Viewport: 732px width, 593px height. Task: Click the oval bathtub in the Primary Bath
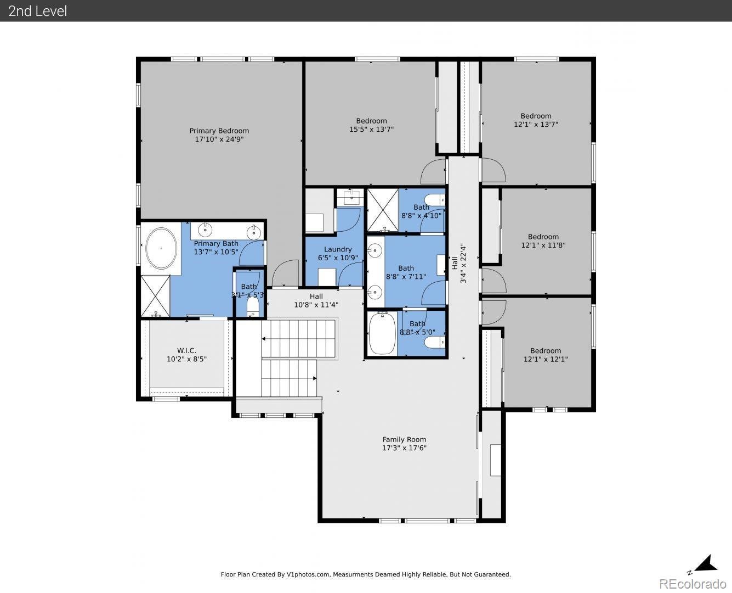[x=161, y=248]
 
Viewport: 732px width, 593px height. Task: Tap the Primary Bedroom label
[x=219, y=131]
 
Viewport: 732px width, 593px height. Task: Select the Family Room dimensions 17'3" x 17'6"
[x=404, y=447]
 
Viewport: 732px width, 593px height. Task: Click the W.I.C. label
[x=186, y=350]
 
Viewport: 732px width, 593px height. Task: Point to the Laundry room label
[x=338, y=249]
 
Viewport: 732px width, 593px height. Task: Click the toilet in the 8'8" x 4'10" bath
[x=435, y=200]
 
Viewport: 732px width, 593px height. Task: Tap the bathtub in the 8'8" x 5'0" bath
[x=382, y=333]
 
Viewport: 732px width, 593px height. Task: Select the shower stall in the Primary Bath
[x=155, y=296]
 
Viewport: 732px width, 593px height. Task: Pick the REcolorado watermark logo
[x=693, y=584]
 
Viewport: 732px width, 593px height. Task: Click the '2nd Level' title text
[x=37, y=11]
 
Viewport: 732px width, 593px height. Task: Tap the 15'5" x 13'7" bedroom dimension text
[x=372, y=130]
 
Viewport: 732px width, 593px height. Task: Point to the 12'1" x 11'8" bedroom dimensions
[x=543, y=245]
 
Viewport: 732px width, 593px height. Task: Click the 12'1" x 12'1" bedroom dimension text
[x=546, y=359]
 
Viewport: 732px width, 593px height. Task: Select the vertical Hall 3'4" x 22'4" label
[x=459, y=264]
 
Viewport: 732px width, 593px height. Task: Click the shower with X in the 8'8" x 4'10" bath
[x=383, y=210]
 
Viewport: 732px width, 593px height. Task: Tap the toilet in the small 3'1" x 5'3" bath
[x=253, y=306]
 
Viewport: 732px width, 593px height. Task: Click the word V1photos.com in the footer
[x=308, y=574]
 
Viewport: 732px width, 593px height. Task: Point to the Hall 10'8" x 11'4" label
[x=316, y=300]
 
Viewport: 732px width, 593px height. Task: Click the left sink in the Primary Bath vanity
[x=205, y=230]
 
